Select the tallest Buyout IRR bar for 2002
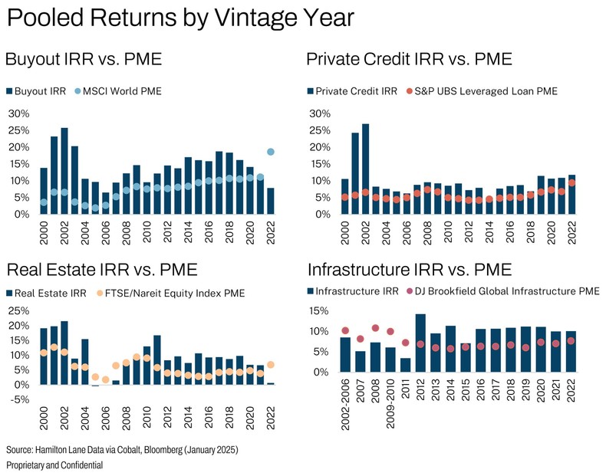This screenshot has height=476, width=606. point(64,171)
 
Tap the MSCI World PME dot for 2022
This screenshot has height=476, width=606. point(270,152)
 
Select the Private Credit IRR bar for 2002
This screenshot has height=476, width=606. point(365,169)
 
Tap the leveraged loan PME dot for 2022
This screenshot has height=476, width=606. point(571,183)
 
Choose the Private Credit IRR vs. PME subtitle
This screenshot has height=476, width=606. point(409,60)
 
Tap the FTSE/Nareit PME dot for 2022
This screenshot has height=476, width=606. point(270,365)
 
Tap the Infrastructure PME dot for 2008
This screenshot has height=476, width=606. point(375,328)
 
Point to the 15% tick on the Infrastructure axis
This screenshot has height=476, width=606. point(319,311)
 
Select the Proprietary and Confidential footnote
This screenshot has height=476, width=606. point(54,465)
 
